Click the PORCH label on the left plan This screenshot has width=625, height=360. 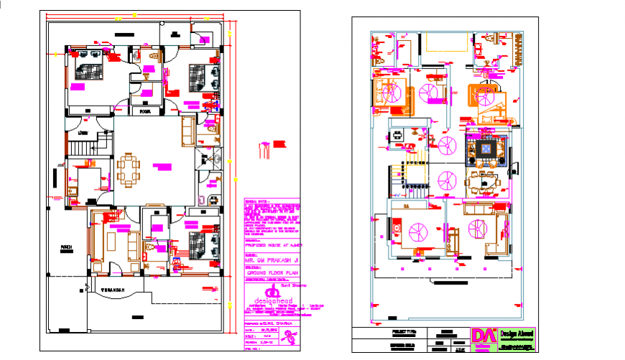coord(65,248)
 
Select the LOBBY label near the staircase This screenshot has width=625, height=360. coord(83,133)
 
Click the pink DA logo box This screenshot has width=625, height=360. coord(483,338)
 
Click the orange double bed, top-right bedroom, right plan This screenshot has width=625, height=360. coord(480,97)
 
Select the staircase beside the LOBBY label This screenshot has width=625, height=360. coord(83,147)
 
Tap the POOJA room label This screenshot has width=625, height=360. coord(145,112)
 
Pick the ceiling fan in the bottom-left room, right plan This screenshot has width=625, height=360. coord(415,231)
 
